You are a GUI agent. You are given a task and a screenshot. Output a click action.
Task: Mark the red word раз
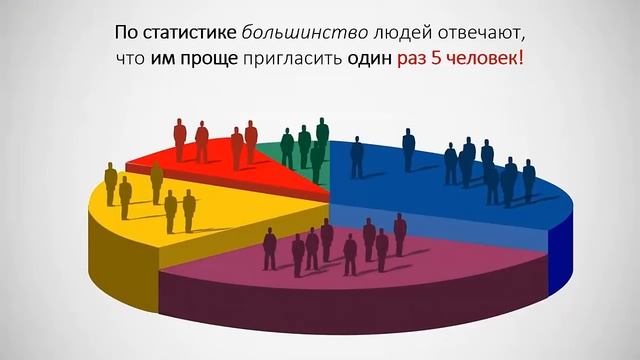pyautogui.click(x=414, y=59)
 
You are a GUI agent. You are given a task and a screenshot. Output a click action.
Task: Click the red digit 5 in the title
pyautogui.click(x=441, y=59)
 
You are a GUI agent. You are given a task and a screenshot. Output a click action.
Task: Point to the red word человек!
pyautogui.click(x=487, y=59)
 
